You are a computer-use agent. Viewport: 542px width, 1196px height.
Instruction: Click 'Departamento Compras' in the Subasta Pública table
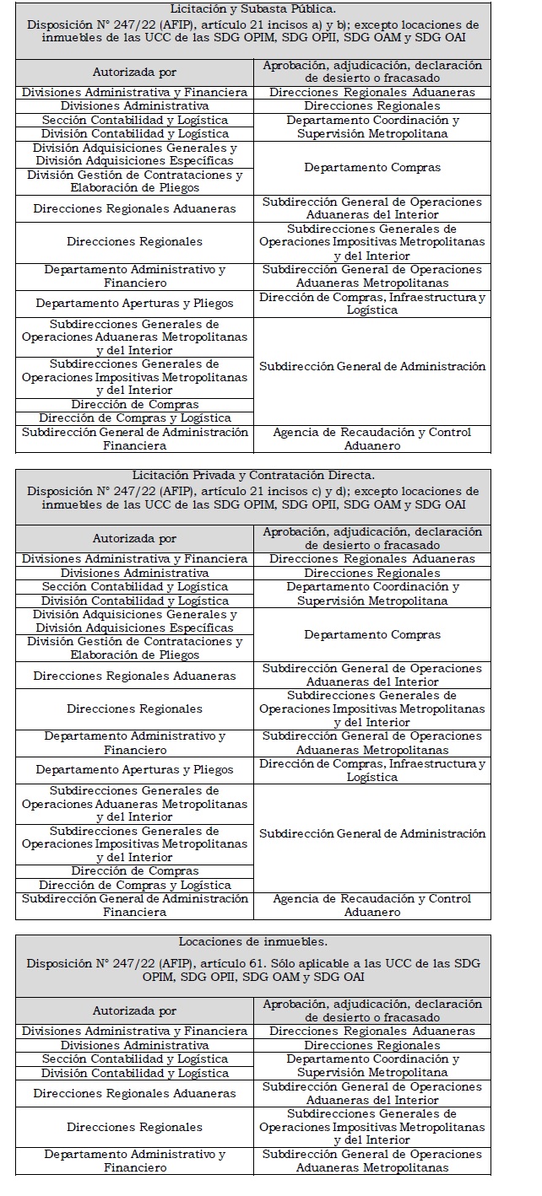coord(372,168)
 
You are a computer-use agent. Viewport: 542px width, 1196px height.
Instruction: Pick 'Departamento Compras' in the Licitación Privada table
coord(372,634)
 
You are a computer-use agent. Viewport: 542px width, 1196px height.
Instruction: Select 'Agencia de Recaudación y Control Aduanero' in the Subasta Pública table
coord(372,439)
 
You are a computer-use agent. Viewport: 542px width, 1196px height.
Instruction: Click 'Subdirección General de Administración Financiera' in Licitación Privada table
coord(135,905)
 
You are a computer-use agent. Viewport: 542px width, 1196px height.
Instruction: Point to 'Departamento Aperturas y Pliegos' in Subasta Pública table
coord(135,304)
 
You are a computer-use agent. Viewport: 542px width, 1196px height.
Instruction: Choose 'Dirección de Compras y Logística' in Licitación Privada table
coord(135,885)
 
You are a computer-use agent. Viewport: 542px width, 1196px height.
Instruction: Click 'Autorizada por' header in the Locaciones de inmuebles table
coord(135,1010)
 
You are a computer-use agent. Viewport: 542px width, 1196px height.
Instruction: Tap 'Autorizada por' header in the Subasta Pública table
coord(135,73)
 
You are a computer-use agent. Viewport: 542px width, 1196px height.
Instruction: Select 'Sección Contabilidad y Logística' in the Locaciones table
coord(135,1059)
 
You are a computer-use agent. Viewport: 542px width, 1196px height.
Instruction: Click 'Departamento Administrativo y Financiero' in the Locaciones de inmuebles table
coord(135,1161)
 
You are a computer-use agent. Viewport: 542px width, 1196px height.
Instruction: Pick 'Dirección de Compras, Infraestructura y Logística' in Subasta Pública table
coord(372,304)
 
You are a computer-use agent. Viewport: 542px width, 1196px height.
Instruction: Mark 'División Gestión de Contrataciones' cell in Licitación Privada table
coord(135,648)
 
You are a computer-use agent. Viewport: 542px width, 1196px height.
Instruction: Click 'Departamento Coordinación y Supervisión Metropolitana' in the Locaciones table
coord(372,1065)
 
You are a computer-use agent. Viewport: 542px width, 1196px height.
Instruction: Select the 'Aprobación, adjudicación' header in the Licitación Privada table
coord(372,538)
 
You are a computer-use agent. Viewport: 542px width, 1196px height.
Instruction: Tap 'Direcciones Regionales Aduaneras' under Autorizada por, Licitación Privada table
coord(135,676)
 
